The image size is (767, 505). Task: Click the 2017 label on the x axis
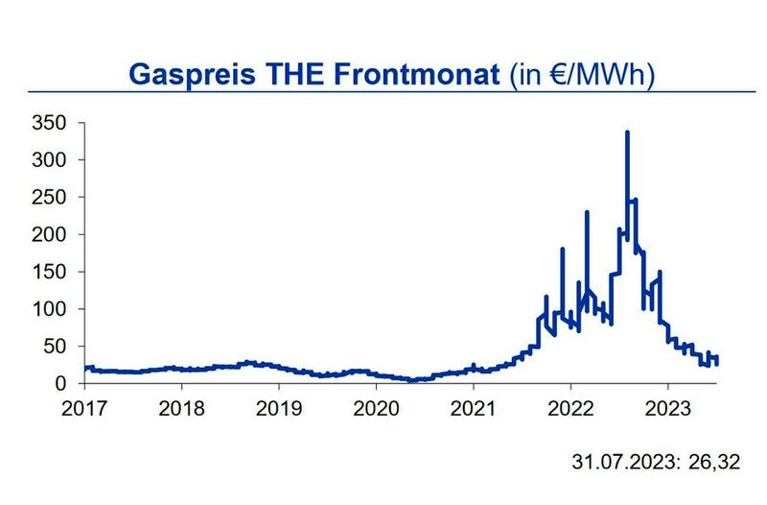(x=84, y=407)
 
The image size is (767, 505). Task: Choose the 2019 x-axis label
(x=278, y=407)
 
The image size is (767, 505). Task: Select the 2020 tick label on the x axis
(x=376, y=407)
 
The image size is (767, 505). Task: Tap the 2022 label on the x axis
(x=570, y=407)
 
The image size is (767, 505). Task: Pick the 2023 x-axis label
(x=668, y=407)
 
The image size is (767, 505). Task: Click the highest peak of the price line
(x=627, y=132)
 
